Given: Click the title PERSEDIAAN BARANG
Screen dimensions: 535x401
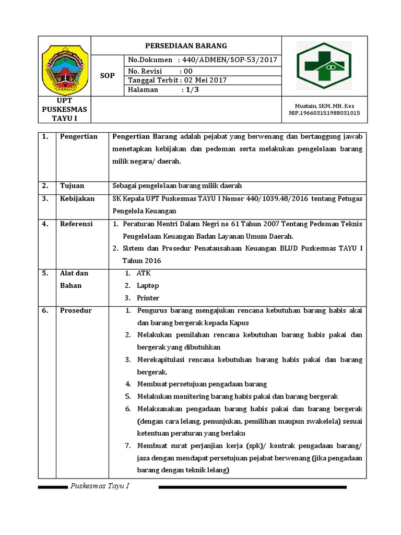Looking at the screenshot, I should point(186,45).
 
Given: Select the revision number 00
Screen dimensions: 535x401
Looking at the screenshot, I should point(187,71).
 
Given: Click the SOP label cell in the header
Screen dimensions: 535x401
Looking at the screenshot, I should point(107,76).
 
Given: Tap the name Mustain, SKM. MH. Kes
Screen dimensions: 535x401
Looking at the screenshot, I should point(324,106).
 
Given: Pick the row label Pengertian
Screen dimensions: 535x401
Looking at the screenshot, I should point(79,137).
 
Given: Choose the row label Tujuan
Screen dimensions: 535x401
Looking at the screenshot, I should point(72,185).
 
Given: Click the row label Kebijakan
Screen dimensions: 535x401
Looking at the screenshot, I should point(77,199).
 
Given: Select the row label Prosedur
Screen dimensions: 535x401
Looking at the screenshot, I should point(76,310).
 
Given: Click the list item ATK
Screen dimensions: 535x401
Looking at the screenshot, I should point(144,273).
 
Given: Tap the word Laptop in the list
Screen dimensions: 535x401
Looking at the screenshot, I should point(148,286).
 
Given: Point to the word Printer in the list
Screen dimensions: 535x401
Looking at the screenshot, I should point(148,298).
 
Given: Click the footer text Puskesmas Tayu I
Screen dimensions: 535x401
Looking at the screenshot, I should point(100,486).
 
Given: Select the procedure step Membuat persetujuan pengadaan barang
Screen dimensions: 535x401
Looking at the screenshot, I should point(202,384).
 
